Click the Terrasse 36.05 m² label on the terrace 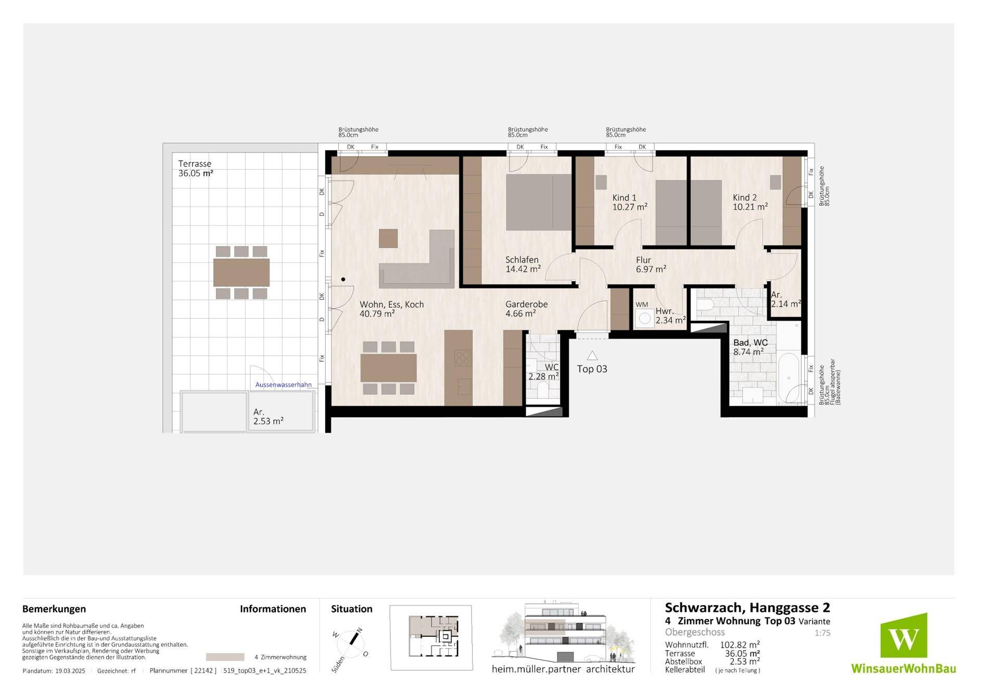click(x=196, y=168)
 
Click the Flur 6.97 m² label click(x=651, y=265)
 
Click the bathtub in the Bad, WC click(x=789, y=379)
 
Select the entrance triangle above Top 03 click(x=592, y=355)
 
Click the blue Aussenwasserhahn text click(x=283, y=385)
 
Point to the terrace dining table click(x=242, y=272)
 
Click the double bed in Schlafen click(x=539, y=202)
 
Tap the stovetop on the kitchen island click(x=463, y=358)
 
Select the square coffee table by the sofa click(x=388, y=238)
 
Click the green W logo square click(x=904, y=635)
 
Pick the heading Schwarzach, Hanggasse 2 click(x=747, y=608)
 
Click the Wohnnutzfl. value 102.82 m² click(x=739, y=645)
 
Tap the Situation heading click(x=352, y=609)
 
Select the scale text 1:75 click(x=822, y=633)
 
